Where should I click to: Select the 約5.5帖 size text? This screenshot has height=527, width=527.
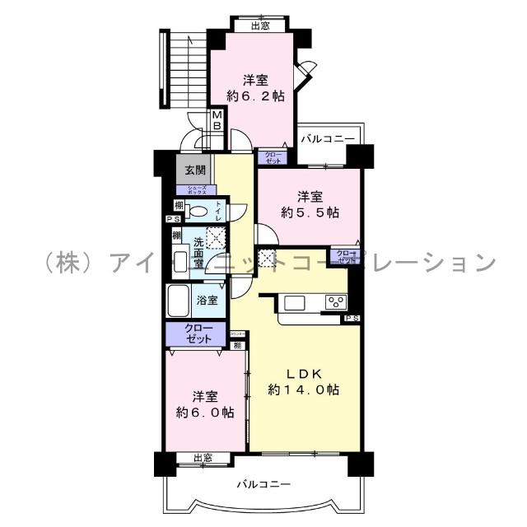point(310,212)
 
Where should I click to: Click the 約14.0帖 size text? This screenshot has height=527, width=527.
point(304,389)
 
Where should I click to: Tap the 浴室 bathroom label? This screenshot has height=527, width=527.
point(207,300)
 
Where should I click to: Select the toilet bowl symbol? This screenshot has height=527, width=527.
point(196,212)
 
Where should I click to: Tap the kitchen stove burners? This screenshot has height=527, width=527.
point(335,301)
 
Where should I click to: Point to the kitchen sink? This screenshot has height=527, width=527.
point(295,302)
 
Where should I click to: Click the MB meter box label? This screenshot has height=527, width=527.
point(217,120)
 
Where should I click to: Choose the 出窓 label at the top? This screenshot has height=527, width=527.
point(259,26)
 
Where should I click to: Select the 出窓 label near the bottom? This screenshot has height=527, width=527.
point(203,458)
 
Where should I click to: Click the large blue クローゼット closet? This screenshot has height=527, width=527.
point(194,333)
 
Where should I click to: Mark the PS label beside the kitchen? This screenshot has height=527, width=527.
point(352,319)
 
